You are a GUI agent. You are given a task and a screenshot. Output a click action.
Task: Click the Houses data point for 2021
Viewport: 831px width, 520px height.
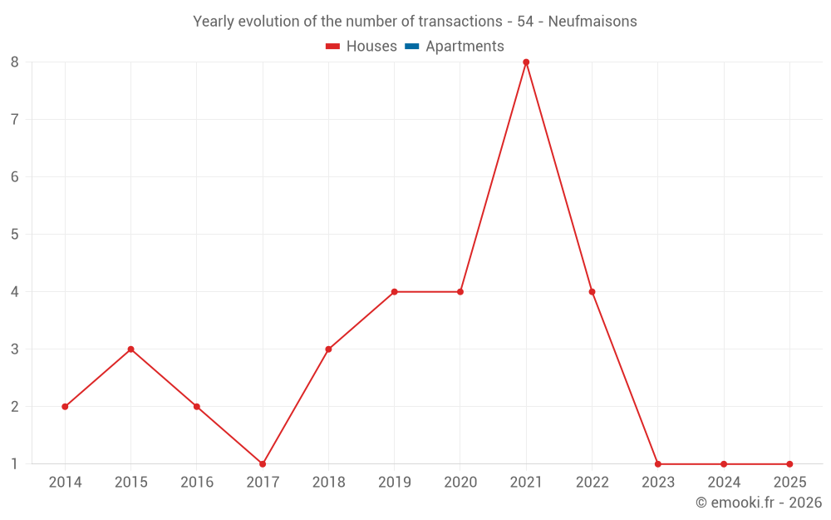click(x=526, y=62)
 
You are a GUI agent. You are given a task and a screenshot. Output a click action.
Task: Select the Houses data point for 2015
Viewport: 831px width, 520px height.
click(x=130, y=349)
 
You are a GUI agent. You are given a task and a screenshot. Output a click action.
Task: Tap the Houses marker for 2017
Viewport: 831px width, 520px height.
click(x=263, y=464)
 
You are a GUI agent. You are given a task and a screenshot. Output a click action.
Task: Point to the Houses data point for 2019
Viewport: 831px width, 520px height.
click(x=394, y=292)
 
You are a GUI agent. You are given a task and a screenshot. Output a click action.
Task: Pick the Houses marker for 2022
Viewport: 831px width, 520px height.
click(x=592, y=292)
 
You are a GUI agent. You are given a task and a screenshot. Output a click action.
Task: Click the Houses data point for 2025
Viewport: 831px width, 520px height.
click(x=789, y=464)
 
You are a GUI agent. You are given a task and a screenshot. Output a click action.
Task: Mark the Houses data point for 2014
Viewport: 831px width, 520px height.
click(x=65, y=407)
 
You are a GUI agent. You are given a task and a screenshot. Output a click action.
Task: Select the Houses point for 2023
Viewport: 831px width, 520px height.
click(x=657, y=464)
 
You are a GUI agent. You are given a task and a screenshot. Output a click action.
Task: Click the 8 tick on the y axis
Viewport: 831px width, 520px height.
click(x=15, y=62)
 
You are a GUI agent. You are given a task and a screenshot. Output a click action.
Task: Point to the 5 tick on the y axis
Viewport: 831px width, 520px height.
click(x=15, y=235)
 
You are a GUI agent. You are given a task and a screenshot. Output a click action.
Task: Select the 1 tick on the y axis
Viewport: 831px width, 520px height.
click(x=15, y=464)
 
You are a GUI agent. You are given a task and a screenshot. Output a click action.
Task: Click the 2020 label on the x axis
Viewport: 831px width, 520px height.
click(x=460, y=483)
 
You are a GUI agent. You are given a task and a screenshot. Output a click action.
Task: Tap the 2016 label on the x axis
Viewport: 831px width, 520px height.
click(x=196, y=483)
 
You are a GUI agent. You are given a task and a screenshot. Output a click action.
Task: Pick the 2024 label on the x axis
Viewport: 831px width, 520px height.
click(x=724, y=483)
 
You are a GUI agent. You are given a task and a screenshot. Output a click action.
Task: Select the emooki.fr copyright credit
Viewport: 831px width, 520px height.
click(x=759, y=503)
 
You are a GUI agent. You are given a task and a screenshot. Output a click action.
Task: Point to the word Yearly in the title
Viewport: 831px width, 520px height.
click(x=214, y=22)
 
